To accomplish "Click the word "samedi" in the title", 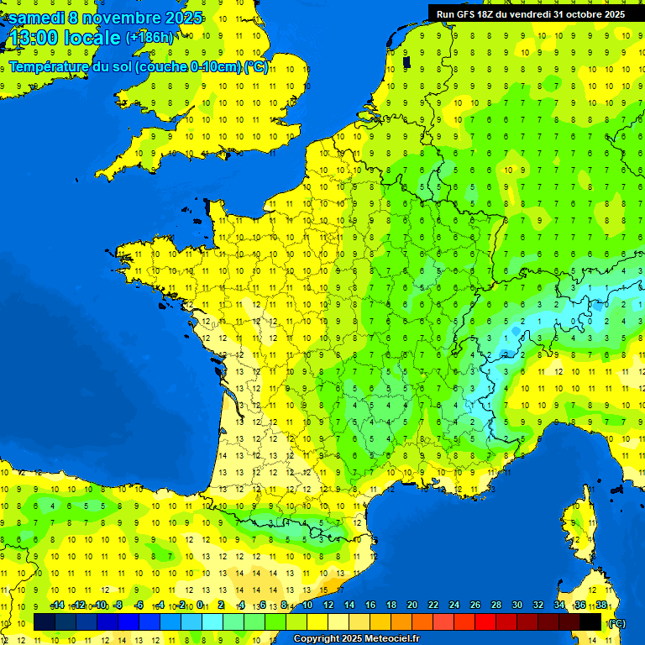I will click(37, 17).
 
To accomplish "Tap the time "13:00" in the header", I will click(33, 38).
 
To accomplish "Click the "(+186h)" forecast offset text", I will click(150, 38).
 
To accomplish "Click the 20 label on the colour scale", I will click(412, 606).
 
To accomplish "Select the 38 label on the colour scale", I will click(600, 606).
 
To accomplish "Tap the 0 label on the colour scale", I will click(200, 606).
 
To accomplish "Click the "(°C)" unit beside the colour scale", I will click(616, 622).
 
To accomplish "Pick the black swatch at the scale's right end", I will click(590, 621).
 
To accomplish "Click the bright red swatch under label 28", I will click(485, 621).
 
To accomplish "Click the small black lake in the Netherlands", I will click(406, 61).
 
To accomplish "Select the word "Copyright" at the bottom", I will click(317, 639).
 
